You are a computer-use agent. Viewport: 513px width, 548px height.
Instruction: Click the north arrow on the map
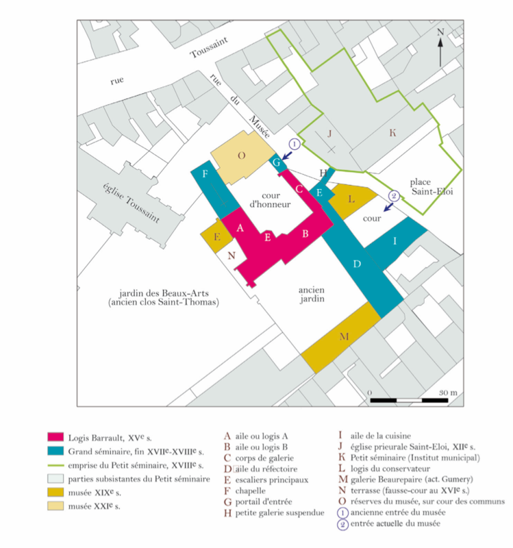pyautogui.click(x=440, y=53)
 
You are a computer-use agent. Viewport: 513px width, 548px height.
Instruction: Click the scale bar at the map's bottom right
pyautogui.click(x=409, y=400)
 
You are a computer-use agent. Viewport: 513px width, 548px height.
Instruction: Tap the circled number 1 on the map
pyautogui.click(x=295, y=144)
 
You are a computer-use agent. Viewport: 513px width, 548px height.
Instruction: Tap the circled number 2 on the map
pyautogui.click(x=394, y=196)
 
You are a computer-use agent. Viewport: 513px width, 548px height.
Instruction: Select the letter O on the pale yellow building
pyautogui.click(x=242, y=155)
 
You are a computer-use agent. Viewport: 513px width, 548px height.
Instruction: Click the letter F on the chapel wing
pyautogui.click(x=205, y=174)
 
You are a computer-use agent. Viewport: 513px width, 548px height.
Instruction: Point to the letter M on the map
pyautogui.click(x=345, y=336)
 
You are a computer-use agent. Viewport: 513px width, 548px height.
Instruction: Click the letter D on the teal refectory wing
pyautogui.click(x=357, y=264)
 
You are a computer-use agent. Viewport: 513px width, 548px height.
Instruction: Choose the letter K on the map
pyautogui.click(x=392, y=133)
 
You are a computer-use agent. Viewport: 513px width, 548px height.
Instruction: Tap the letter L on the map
pyautogui.click(x=351, y=199)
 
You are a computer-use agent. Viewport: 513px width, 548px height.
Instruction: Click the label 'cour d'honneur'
pyautogui.click(x=271, y=200)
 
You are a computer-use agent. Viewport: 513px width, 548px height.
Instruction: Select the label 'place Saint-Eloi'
pyautogui.click(x=432, y=186)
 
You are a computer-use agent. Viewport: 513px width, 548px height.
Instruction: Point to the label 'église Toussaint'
pyautogui.click(x=132, y=203)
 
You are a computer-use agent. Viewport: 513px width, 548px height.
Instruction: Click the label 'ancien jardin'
pyautogui.click(x=312, y=295)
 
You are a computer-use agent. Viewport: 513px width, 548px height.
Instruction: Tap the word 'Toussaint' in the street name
pyautogui.click(x=209, y=47)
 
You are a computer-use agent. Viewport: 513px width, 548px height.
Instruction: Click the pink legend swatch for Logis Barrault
pyautogui.click(x=55, y=437)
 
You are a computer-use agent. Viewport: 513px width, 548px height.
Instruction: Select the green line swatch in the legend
pyautogui.click(x=55, y=465)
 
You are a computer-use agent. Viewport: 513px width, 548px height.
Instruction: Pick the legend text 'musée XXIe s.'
pyautogui.click(x=94, y=506)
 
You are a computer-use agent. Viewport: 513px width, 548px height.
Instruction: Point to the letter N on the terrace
pyautogui.click(x=232, y=256)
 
